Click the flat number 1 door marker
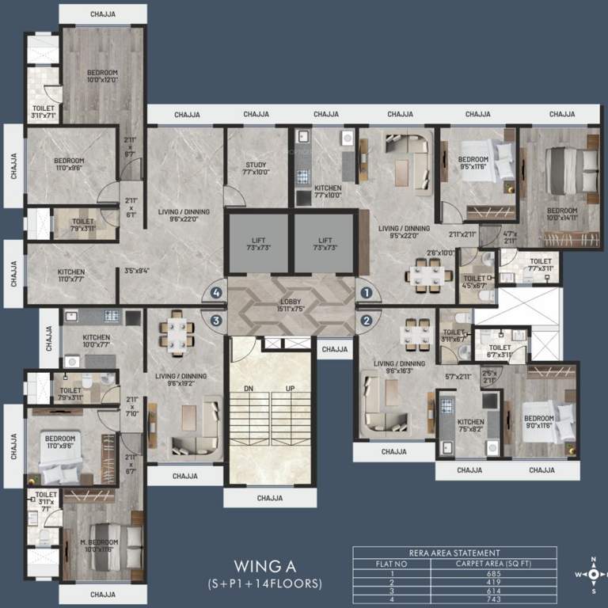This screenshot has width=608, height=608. point(366,292)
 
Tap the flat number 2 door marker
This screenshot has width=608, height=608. point(366,321)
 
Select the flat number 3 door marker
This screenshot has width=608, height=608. point(216,321)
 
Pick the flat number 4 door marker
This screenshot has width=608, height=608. point(216,292)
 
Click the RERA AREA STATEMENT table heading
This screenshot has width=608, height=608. point(454,553)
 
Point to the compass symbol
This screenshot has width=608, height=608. point(593,574)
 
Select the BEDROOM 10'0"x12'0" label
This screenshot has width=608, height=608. point(101,77)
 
